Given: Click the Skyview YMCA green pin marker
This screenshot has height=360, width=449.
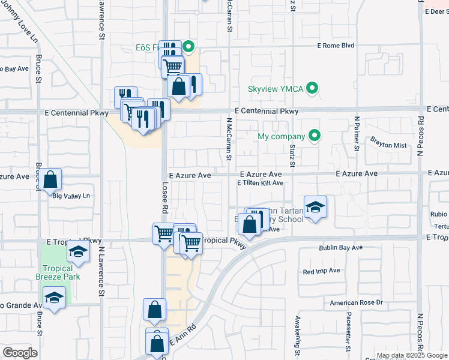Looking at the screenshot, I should tap(312, 89).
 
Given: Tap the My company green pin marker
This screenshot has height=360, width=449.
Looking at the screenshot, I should tap(313, 136).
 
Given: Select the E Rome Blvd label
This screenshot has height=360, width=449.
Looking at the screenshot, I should tap(336, 46).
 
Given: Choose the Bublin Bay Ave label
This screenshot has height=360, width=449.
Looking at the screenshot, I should tap(340, 247).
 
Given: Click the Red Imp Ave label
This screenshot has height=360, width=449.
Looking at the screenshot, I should tap(322, 272).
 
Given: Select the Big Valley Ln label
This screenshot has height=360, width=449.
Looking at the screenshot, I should tap(71, 196).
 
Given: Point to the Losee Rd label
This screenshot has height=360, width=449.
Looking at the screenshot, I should tap(164, 197).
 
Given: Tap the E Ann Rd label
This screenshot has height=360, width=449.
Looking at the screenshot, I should tap(184, 335).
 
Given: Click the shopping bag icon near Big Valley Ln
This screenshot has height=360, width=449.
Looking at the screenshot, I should tap(52, 179).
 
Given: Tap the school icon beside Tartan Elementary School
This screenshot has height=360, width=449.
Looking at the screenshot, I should tap(315, 207).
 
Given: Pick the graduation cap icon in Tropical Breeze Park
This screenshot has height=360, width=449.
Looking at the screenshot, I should tap(55, 298).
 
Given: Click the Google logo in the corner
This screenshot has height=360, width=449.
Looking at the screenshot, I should tap(20, 352).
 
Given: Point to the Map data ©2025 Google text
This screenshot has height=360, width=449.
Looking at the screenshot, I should tap(411, 355).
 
